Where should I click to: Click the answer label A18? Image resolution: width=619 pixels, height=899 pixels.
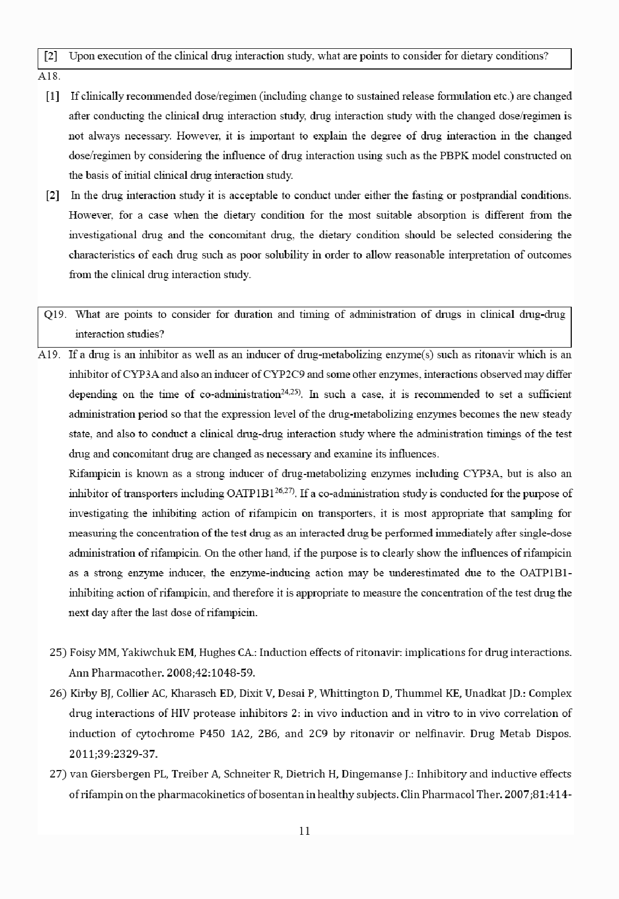(49, 76)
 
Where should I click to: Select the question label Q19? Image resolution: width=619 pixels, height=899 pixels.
(55, 314)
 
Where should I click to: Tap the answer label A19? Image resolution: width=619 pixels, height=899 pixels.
(49, 354)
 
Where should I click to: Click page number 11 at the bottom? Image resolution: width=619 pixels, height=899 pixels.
(304, 831)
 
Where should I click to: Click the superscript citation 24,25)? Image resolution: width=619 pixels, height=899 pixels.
(291, 393)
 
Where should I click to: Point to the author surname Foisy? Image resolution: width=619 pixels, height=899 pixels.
(83, 652)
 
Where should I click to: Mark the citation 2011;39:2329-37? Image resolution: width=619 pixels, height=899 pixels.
(113, 754)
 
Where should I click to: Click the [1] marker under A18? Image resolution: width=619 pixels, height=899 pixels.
(53, 97)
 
